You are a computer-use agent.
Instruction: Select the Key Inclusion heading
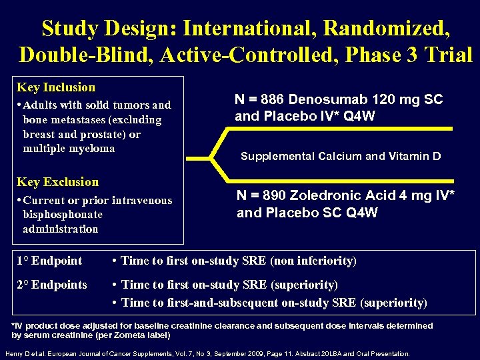tap(56, 87)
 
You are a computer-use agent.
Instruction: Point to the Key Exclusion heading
tap(57, 182)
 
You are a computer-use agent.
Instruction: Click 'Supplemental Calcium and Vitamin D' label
tap(340, 156)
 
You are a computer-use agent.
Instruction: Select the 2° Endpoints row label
tap(52, 285)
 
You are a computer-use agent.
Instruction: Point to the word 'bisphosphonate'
tap(63, 215)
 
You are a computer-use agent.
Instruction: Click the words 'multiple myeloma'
tap(69, 149)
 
